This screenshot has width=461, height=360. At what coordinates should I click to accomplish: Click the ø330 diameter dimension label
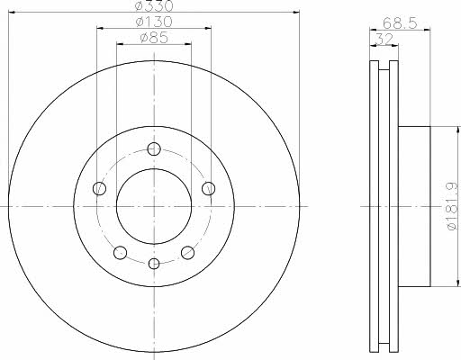(x=154, y=5)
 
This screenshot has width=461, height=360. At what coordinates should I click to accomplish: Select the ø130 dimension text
(x=154, y=22)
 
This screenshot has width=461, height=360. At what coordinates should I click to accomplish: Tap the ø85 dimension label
(x=154, y=38)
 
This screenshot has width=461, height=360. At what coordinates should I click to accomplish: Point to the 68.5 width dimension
(x=400, y=23)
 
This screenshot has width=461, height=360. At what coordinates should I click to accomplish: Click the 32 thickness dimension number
(x=384, y=40)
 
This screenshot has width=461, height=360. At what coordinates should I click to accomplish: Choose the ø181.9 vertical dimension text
(x=453, y=206)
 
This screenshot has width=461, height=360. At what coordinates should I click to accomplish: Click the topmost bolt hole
(x=154, y=149)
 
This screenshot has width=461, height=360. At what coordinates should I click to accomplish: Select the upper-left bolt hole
(x=99, y=188)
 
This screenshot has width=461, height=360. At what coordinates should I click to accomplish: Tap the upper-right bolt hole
(x=208, y=188)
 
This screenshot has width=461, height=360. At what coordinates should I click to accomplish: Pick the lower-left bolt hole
(x=120, y=252)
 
